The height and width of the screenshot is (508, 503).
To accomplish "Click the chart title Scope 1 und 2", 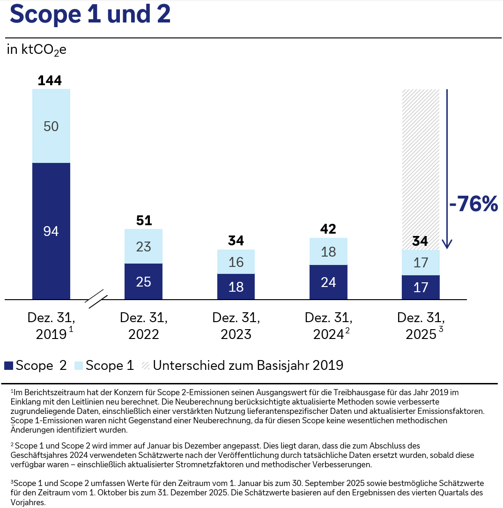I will click(x=90, y=15).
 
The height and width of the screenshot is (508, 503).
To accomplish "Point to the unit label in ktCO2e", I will click(x=37, y=50).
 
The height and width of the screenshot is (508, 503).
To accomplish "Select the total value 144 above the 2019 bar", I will click(x=50, y=81).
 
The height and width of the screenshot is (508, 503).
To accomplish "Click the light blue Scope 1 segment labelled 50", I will click(x=51, y=126).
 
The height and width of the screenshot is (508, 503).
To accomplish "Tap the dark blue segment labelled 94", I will click(x=51, y=231).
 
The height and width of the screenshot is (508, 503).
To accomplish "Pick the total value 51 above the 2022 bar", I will click(x=144, y=221).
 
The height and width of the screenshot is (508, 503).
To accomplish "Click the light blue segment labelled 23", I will click(x=143, y=246).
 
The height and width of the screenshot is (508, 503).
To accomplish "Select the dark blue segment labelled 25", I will click(x=143, y=281).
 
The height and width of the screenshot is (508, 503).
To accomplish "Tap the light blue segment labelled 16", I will click(x=236, y=262).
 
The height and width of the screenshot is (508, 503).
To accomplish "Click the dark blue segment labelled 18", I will click(x=236, y=287).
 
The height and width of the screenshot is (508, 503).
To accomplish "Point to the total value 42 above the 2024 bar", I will click(x=329, y=229).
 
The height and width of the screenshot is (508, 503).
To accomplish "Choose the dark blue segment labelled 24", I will click(x=329, y=282).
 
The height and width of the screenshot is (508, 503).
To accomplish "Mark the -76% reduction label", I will click(x=473, y=204).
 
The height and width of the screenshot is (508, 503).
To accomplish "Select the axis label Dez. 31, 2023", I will click(x=236, y=326).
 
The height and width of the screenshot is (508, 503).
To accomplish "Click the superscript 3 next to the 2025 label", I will click(x=441, y=330).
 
